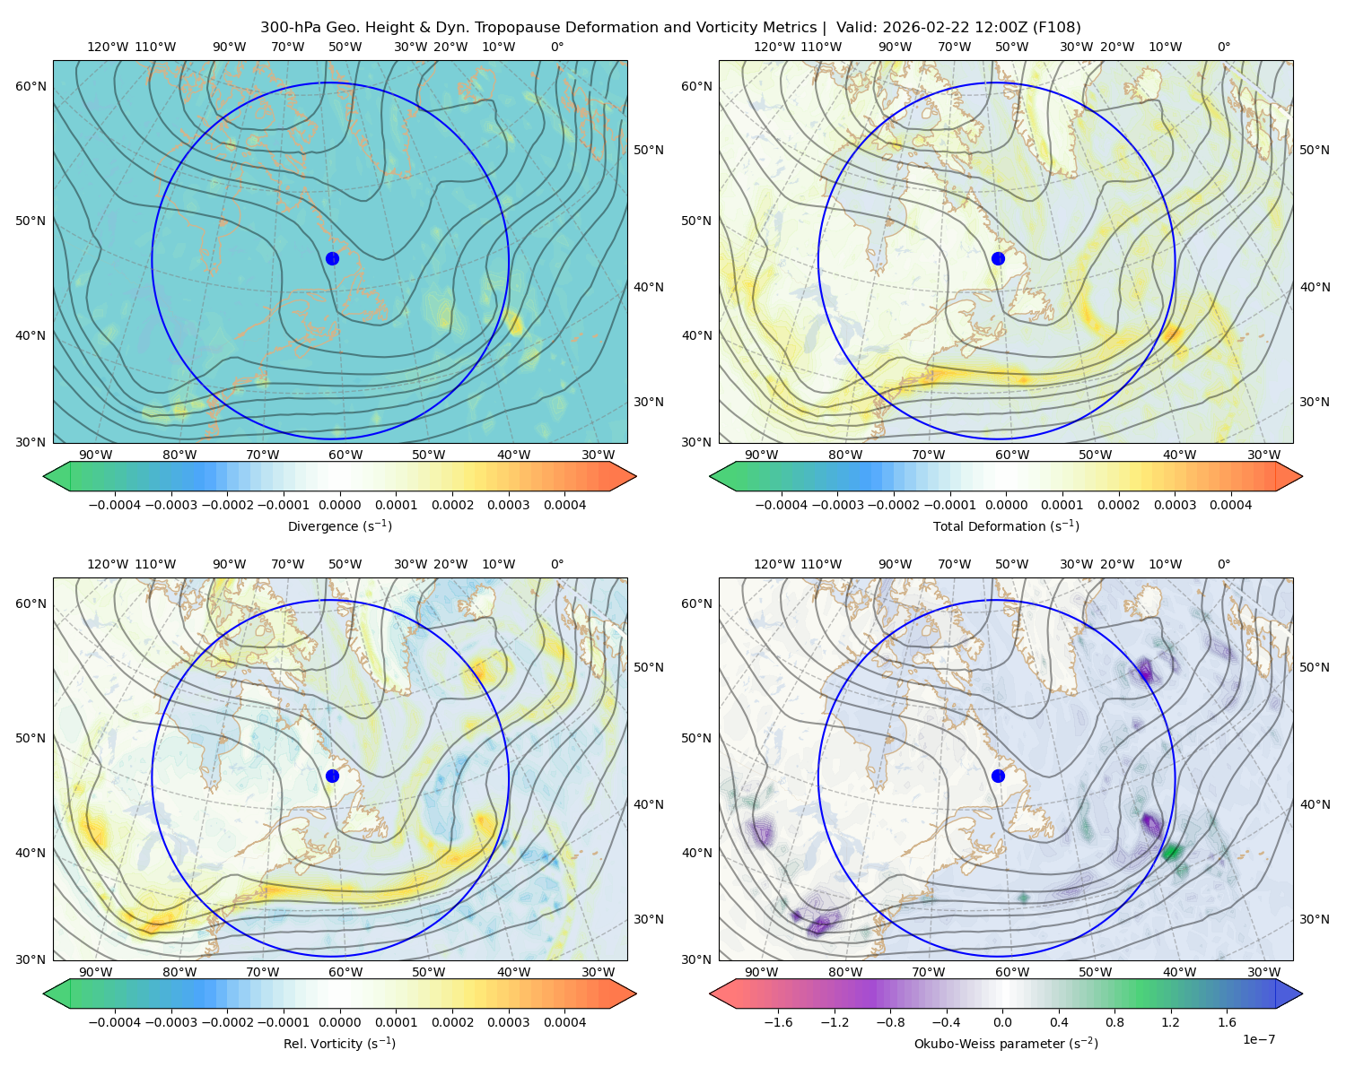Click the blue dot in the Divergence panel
pos(332,259)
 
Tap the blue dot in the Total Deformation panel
pos(998,259)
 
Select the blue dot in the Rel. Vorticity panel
pos(332,776)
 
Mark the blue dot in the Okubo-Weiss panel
pos(998,776)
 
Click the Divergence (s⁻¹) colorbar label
pos(339,526)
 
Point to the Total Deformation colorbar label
pos(1006,526)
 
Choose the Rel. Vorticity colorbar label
pos(339,1044)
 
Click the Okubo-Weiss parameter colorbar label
pos(1006,1044)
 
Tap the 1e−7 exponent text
pos(1258,1039)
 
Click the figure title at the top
pos(670,28)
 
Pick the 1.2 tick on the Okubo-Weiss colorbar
pos(1170,1022)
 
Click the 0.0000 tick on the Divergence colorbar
pos(339,505)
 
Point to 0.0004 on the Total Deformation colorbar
pos(1230,505)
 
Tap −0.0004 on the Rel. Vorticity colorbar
pos(115,1022)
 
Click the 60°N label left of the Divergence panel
pos(31,86)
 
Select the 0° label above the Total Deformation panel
pos(1223,47)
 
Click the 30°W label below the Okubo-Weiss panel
pos(1263,972)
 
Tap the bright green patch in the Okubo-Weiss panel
pos(1172,851)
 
